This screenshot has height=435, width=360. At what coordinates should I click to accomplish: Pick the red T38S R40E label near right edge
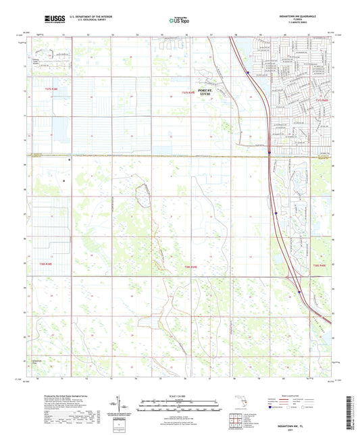click(319, 267)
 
